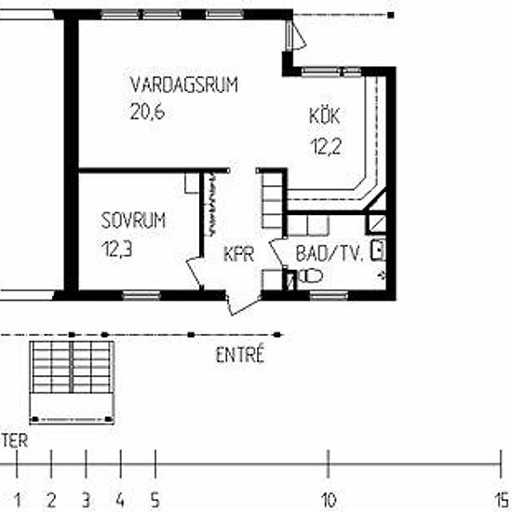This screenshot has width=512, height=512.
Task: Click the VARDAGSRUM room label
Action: [183, 85]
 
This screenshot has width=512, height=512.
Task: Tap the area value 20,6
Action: [147, 112]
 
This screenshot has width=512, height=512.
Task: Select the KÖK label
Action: [325, 115]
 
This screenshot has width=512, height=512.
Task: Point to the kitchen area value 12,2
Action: [326, 146]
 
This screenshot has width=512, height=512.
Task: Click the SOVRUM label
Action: [133, 221]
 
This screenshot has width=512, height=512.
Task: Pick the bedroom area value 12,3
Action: [117, 249]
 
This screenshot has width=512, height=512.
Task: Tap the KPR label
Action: [239, 254]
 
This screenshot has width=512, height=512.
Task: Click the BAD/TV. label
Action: [330, 253]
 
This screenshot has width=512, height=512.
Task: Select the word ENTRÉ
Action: [240, 355]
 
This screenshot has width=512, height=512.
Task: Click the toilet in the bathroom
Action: [310, 276]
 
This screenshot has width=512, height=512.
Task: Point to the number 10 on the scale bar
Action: [329, 500]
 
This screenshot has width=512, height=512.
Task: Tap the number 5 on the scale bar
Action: [155, 500]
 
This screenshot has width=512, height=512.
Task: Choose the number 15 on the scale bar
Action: [502, 500]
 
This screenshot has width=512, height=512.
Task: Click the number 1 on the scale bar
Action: [18, 500]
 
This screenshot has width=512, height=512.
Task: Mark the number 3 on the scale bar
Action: [86, 500]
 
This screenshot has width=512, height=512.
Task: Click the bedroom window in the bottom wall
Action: [141, 295]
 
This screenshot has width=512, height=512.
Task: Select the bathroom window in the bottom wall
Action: [329, 296]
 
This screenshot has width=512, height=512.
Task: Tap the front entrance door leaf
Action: [244, 305]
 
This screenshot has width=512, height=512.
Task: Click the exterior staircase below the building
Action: [72, 383]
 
